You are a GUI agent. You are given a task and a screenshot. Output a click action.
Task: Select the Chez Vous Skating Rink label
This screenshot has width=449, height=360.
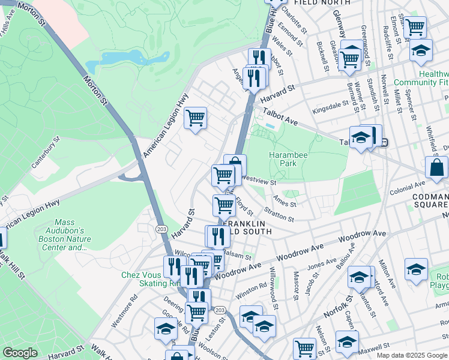click(x=142, y=279)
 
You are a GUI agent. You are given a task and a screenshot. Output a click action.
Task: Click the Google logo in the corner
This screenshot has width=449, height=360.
click(x=20, y=353)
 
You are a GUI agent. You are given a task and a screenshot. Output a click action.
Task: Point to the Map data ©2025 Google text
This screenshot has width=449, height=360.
click(x=412, y=355)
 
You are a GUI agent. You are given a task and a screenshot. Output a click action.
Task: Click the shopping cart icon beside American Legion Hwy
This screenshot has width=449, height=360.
click(x=196, y=119)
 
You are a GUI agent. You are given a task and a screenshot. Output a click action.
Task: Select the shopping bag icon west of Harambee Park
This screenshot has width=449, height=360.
click(x=235, y=165)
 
